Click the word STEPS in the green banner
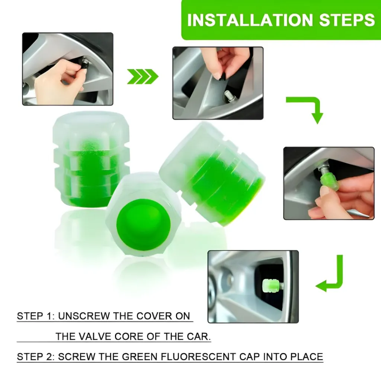pos(348,20)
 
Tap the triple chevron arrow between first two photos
pos(143,76)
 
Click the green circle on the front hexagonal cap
pos(143,224)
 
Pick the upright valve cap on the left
pos(91,158)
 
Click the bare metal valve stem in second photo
pos(228,96)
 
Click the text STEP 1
pos(35,317)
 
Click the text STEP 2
pos(35,357)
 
